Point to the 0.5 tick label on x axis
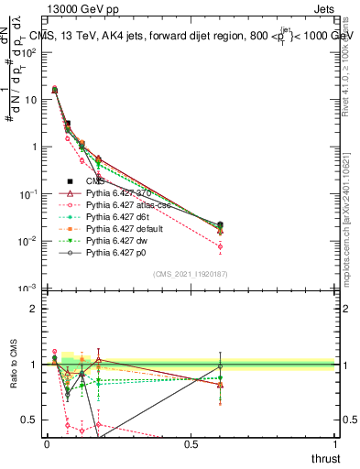click(191, 443)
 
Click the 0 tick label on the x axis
click(47, 443)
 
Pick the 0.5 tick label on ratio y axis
click(30, 420)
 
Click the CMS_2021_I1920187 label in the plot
click(190, 273)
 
